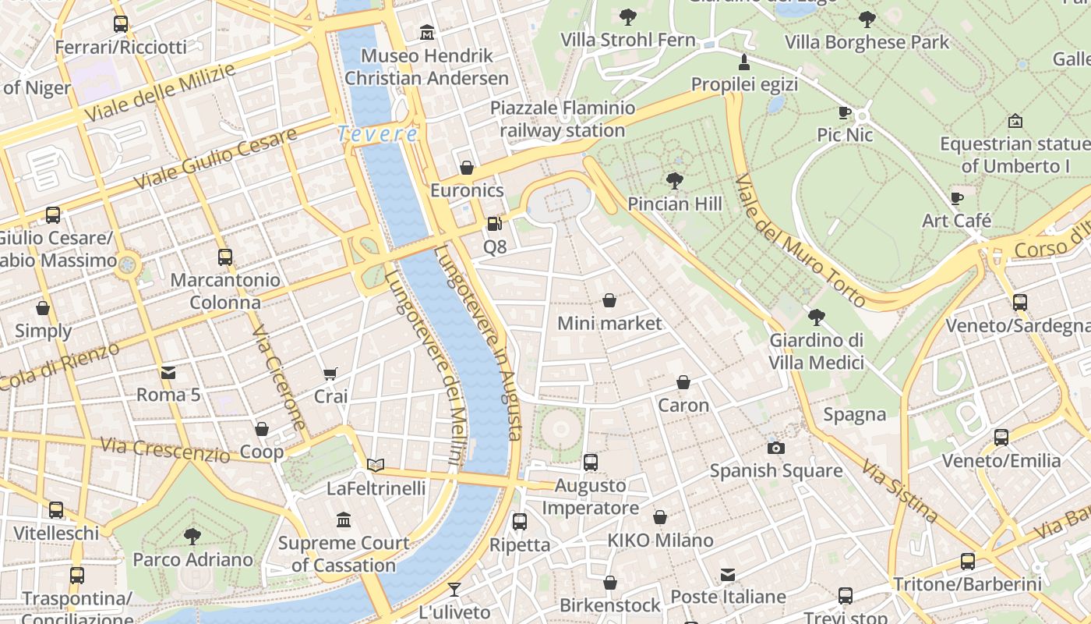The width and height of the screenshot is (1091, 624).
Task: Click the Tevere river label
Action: tap(378, 134)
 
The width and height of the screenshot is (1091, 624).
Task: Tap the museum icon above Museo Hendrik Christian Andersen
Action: tap(427, 33)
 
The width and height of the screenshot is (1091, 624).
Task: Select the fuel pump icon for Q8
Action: tap(494, 225)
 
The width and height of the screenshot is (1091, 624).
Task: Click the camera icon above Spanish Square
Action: tap(775, 448)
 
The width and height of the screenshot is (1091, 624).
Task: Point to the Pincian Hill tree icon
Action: tap(675, 181)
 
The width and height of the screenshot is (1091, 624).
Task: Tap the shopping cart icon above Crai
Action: tap(330, 374)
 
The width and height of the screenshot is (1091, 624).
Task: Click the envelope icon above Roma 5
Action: tap(168, 373)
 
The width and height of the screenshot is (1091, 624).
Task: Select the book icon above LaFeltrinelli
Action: tap(376, 466)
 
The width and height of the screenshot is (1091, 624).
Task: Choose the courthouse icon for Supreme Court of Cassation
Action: tap(344, 519)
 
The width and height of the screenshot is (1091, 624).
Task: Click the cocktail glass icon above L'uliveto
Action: tap(454, 590)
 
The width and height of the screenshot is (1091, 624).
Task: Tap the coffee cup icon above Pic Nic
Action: tap(845, 112)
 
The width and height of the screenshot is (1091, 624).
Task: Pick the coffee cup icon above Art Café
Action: tap(957, 198)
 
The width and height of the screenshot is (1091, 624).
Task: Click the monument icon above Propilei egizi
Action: tap(744, 62)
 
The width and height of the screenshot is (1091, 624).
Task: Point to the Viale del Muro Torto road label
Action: tap(800, 239)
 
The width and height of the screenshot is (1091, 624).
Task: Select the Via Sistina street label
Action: tap(899, 490)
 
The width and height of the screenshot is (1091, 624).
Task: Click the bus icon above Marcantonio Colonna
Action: tap(225, 257)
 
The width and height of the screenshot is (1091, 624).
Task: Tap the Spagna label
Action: tap(855, 414)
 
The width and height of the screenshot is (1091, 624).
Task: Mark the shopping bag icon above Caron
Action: tap(683, 382)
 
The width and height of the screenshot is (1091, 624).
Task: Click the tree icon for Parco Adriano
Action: tap(192, 536)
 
